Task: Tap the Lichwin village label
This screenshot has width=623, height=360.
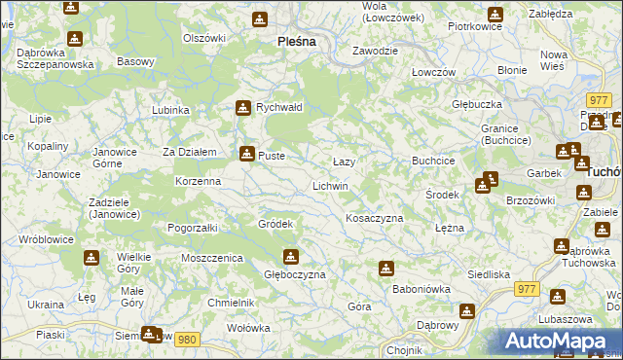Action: point(330,185)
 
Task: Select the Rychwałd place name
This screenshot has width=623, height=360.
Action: point(280,108)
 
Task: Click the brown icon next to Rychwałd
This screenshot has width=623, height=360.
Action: point(243,108)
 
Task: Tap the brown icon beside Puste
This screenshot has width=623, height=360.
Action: point(246,153)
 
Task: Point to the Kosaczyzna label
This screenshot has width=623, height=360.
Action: point(375,218)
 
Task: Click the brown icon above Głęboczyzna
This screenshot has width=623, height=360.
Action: point(290,257)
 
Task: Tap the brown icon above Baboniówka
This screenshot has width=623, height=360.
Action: point(386,268)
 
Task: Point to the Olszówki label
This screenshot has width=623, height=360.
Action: point(204,38)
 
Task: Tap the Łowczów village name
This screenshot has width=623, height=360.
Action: point(433,73)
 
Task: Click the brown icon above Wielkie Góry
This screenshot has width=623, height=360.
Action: point(91,258)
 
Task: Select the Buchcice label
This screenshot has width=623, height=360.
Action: point(434,160)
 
